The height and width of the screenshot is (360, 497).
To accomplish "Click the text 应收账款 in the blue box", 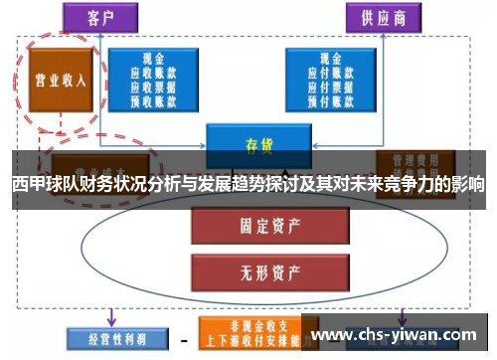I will [x=154, y=73].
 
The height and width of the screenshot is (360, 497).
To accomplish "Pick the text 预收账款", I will [x=154, y=98].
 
